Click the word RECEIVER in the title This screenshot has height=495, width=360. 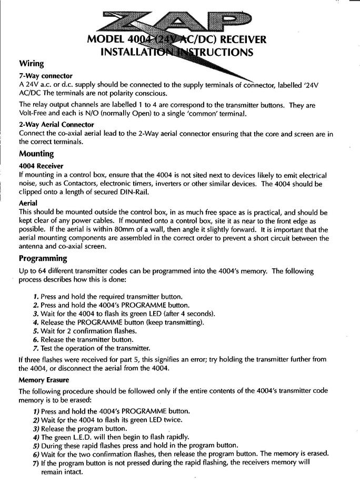pos(241,40)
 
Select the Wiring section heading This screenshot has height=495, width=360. pos(32,64)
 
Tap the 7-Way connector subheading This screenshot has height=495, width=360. pos(45,76)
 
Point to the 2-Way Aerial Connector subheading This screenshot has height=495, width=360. pos(56,125)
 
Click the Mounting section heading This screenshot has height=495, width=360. pos(36,154)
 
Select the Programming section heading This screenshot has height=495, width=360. pos(43,258)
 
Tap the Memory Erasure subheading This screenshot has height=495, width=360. pos(44,379)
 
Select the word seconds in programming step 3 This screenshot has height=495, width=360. pos(199,314)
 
